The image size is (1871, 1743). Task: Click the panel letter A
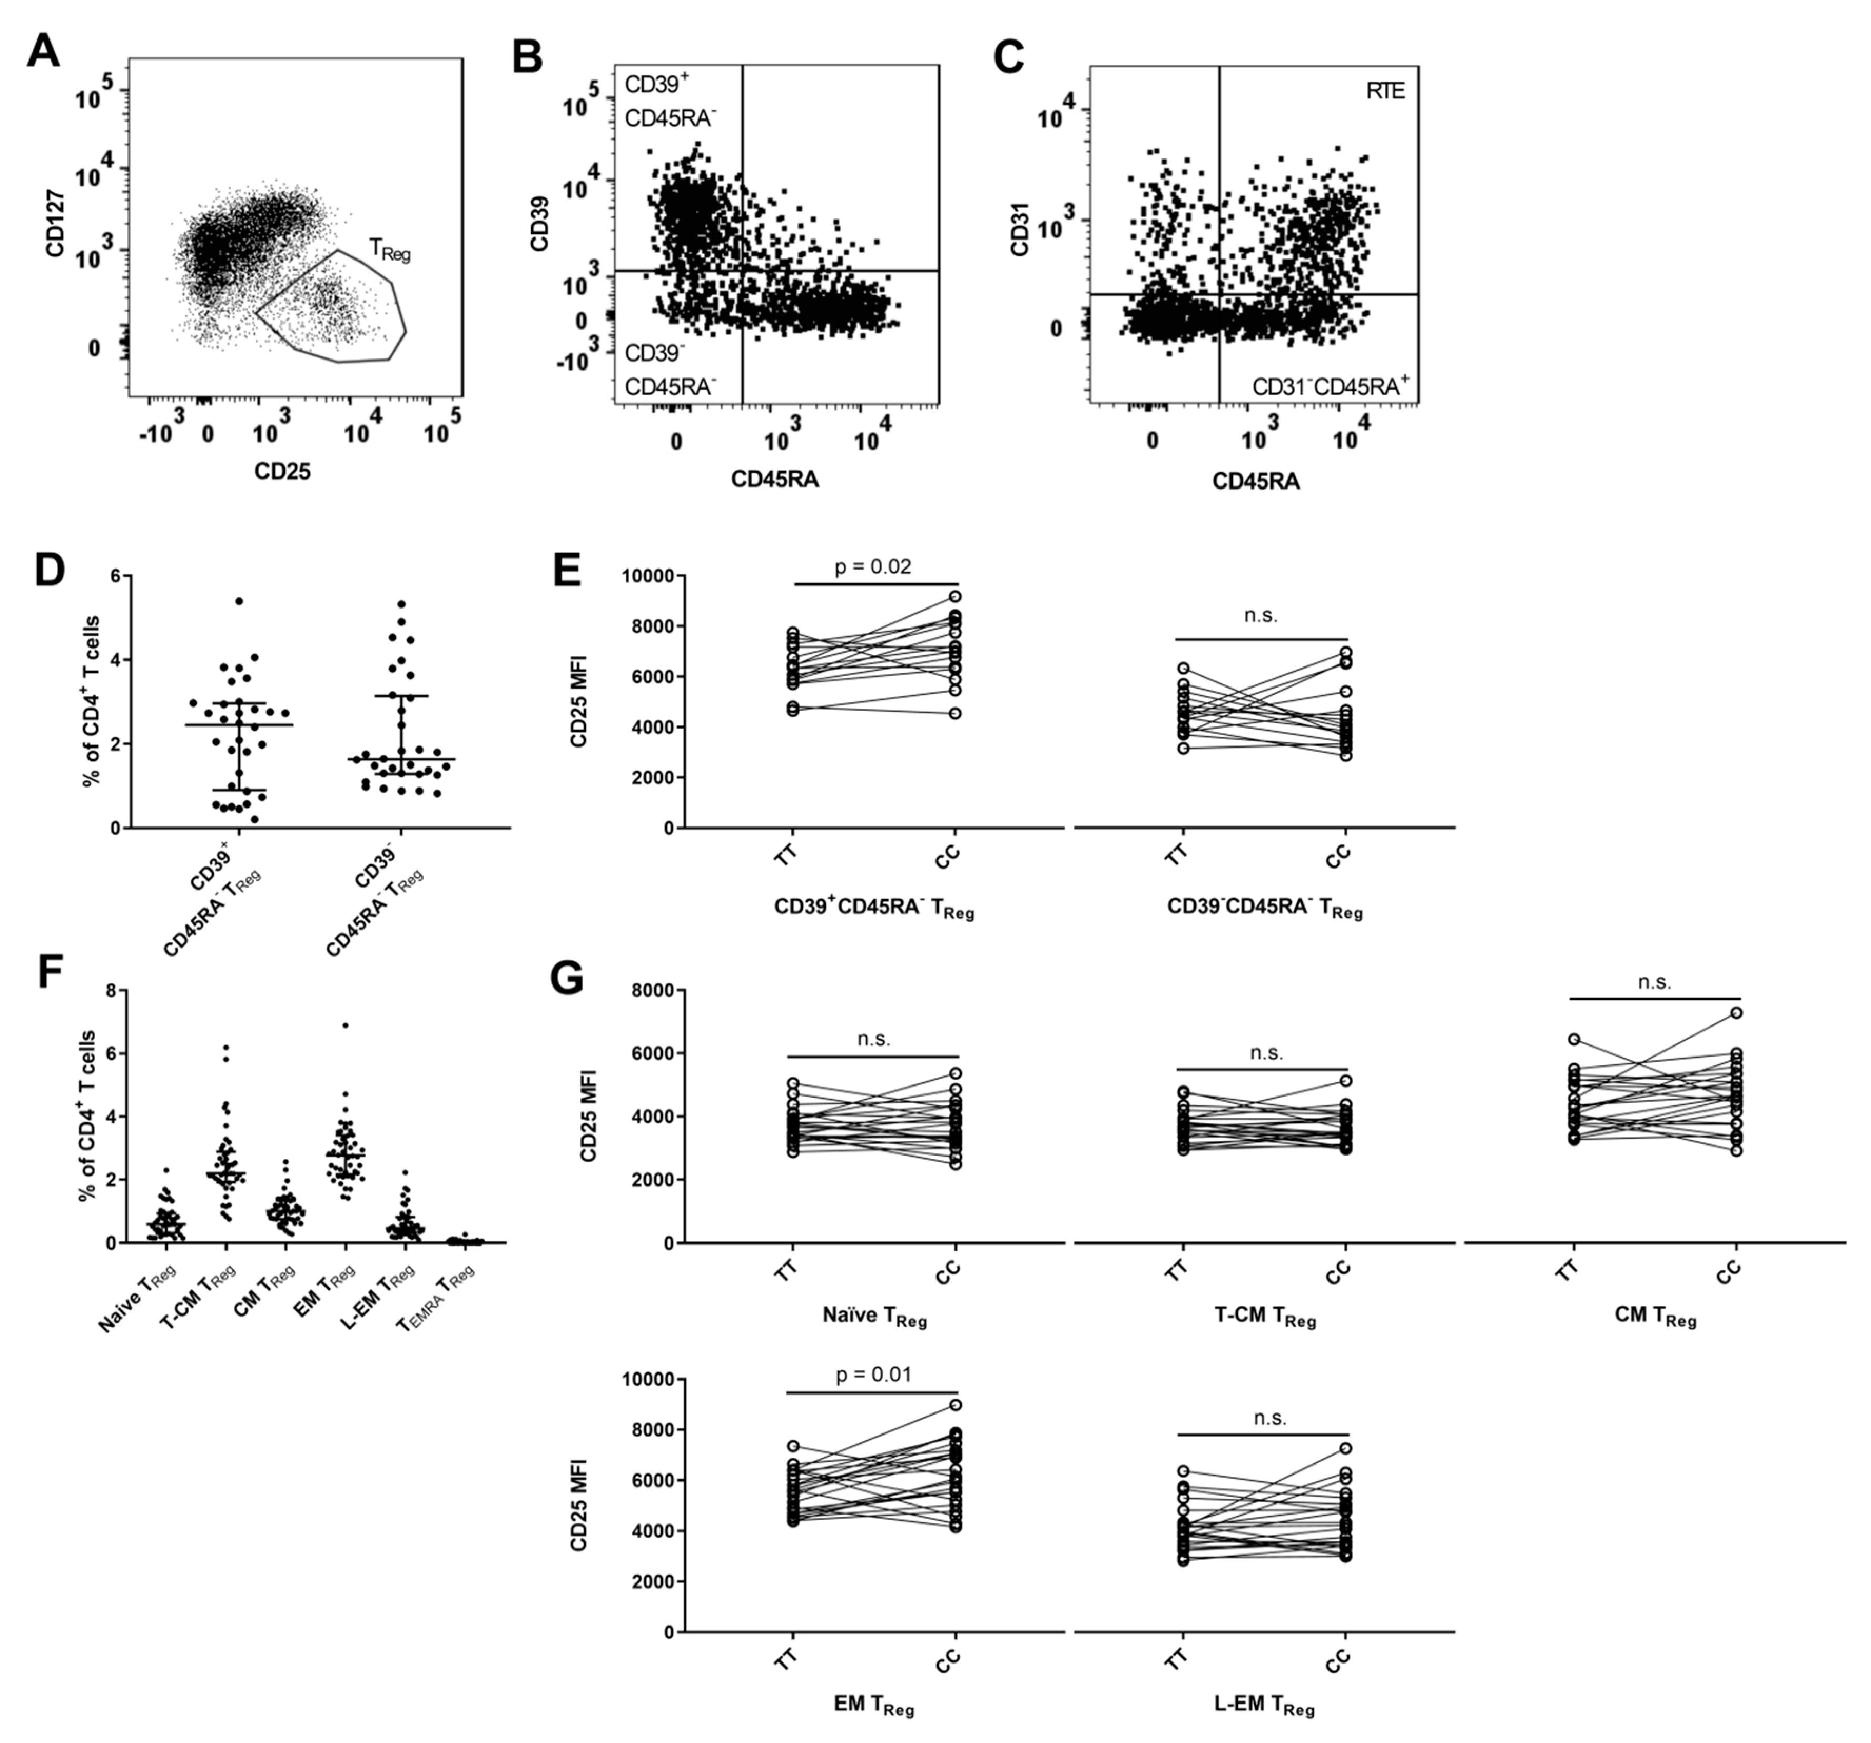(x=43, y=52)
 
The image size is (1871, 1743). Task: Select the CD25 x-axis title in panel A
(x=281, y=472)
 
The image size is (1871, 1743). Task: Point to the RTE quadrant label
(x=1385, y=92)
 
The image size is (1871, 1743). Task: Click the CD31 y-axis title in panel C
(x=1019, y=232)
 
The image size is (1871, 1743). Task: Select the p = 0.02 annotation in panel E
(x=873, y=567)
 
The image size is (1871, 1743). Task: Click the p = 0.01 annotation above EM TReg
(x=873, y=1375)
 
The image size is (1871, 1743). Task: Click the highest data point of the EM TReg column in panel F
(x=346, y=1025)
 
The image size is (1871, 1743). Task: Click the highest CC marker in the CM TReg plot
(x=1736, y=1013)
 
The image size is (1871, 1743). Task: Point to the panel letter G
(x=567, y=979)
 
